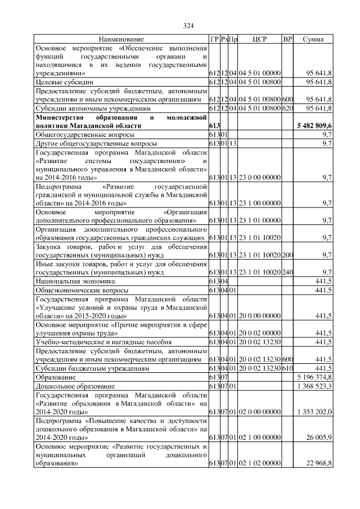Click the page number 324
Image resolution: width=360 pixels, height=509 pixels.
pos(188,25)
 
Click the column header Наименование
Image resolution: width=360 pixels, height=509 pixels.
pos(121,39)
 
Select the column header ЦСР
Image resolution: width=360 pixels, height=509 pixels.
pos(259,39)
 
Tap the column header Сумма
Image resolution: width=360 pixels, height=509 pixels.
pos(313,39)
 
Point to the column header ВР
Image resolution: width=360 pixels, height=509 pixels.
pos(287,39)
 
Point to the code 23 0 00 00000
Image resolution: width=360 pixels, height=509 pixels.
pos(259,178)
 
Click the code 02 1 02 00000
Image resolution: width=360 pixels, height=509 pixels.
pos(259,463)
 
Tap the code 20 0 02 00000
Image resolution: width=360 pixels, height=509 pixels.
pos(259,333)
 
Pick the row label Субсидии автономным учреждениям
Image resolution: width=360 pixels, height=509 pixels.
pos(93,107)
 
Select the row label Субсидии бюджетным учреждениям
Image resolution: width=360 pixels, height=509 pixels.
pos(93,367)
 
